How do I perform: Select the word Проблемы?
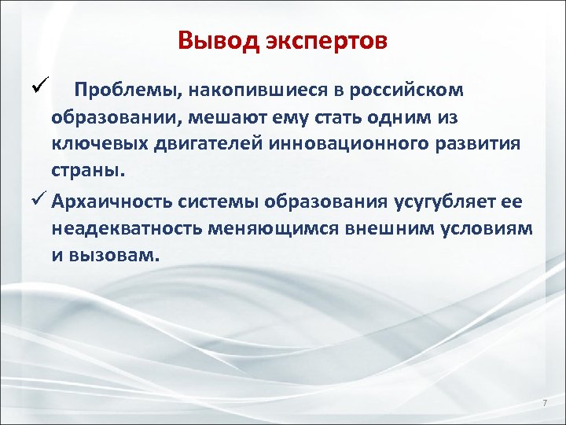coord(126,90)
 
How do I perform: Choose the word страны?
coord(85,171)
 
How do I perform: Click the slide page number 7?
coord(544,404)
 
